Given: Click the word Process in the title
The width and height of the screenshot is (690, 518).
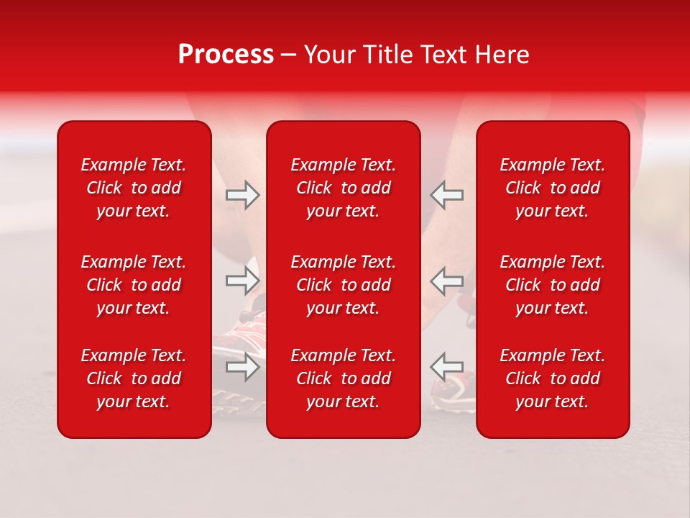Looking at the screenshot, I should [x=226, y=55].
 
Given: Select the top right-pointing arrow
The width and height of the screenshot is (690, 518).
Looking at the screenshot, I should [x=242, y=195].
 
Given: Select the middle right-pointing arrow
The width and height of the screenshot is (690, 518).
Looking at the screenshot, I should [x=242, y=281].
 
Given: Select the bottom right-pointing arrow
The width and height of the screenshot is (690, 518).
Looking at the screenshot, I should [x=242, y=367].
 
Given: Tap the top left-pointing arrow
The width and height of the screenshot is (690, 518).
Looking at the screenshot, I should [x=446, y=195].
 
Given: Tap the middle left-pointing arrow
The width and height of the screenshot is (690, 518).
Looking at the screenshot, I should [x=446, y=281].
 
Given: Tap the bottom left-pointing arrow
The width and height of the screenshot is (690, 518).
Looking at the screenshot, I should [x=446, y=367].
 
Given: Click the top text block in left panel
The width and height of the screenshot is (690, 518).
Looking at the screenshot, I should [x=134, y=188].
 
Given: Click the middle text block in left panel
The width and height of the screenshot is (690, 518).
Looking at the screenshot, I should [x=134, y=285].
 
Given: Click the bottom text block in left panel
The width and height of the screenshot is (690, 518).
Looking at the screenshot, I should [x=134, y=378].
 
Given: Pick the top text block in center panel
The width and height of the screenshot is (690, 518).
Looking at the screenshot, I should [x=344, y=188].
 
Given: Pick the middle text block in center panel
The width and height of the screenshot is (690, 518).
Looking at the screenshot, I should [x=344, y=285].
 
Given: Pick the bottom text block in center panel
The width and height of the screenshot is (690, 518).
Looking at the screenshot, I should [x=344, y=378].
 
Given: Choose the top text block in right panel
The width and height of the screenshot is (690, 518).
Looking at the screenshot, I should [x=553, y=188].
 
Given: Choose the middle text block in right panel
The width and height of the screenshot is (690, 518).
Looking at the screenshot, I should [x=553, y=285].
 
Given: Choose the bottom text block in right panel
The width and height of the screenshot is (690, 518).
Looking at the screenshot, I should [x=553, y=378].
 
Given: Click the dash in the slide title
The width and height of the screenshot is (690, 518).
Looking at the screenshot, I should [x=288, y=55].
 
